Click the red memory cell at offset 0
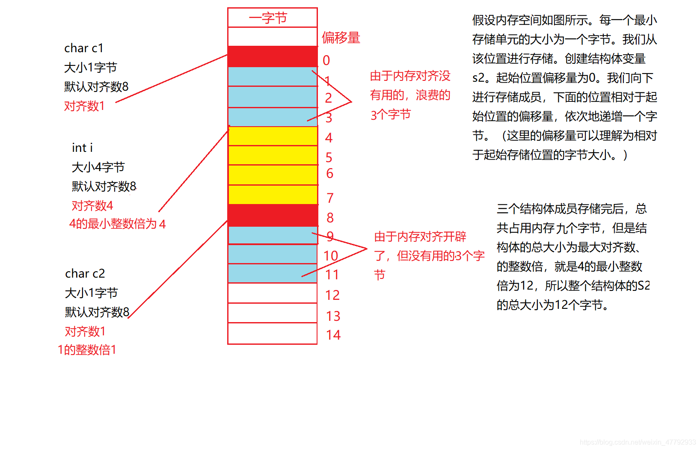[x=273, y=56]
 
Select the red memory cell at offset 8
[x=273, y=215]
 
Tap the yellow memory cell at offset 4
[x=273, y=136]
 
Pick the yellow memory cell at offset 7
[x=273, y=195]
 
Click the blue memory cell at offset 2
[x=273, y=97]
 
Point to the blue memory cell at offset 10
[x=273, y=254]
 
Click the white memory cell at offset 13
[x=273, y=313]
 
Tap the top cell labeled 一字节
[x=273, y=18]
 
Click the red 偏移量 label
[x=341, y=38]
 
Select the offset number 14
[x=333, y=335]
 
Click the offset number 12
[x=332, y=295]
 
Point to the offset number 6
[x=329, y=173]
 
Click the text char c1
[x=84, y=48]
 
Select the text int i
[x=82, y=148]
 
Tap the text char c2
[x=85, y=274]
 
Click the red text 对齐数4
[x=92, y=206]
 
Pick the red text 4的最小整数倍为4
[x=117, y=224]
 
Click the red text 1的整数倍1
[x=87, y=350]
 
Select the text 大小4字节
[x=98, y=167]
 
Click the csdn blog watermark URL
[x=638, y=442]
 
